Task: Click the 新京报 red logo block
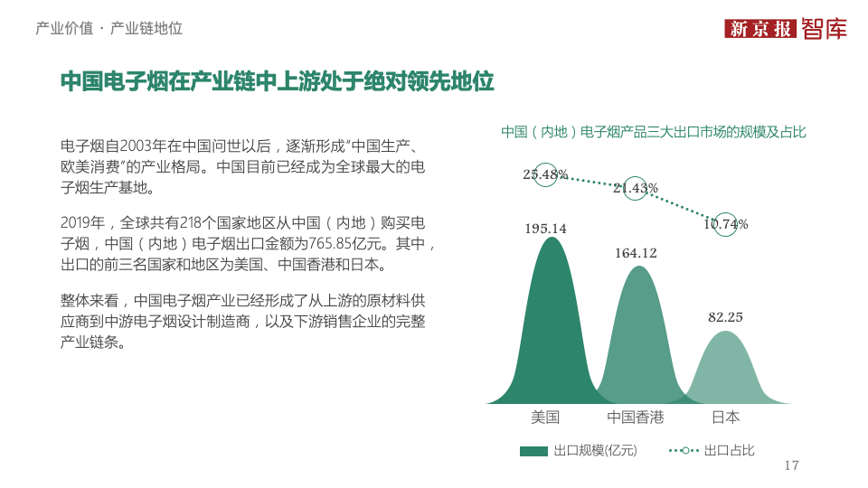coord(759,29)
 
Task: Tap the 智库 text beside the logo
coord(824,29)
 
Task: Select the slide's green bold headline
coord(277,81)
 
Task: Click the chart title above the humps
coord(654,132)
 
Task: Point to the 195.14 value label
coord(545,229)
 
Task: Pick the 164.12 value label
coord(636,253)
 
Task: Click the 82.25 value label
coord(725,317)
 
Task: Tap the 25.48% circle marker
coord(545,174)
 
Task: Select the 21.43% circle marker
coord(636,188)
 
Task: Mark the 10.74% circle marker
coord(725,224)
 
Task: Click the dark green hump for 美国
coord(545,334)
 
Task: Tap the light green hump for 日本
coord(726,371)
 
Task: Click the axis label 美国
coord(545,418)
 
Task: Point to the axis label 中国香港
coord(636,418)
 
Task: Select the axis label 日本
coord(725,418)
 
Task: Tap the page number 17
coord(792,465)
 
